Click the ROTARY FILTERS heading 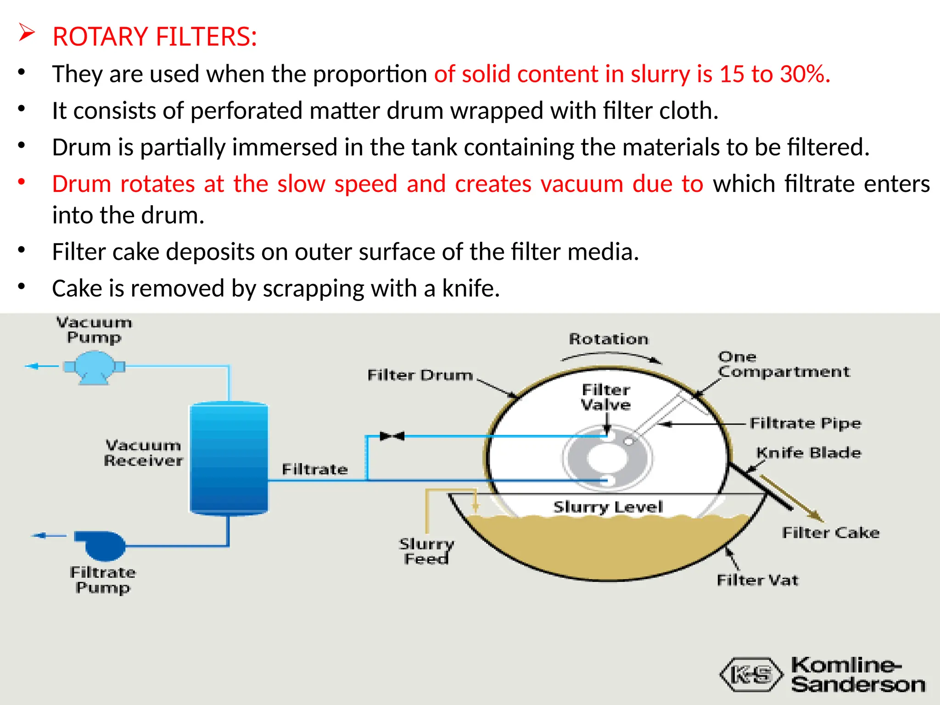[x=155, y=37]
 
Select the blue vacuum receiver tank [x=229, y=458]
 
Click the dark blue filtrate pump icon [x=101, y=545]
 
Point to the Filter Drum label [x=420, y=375]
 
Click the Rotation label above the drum [x=609, y=339]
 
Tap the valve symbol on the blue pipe [x=392, y=436]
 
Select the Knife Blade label [x=809, y=453]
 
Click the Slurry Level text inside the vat [x=608, y=507]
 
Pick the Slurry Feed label [x=426, y=551]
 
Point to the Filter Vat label [x=757, y=580]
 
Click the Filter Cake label [x=831, y=532]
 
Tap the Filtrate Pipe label [x=806, y=423]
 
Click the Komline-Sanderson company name [x=857, y=674]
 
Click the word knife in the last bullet [x=470, y=288]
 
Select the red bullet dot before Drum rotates [x=22, y=182]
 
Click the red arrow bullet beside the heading [x=27, y=34]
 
